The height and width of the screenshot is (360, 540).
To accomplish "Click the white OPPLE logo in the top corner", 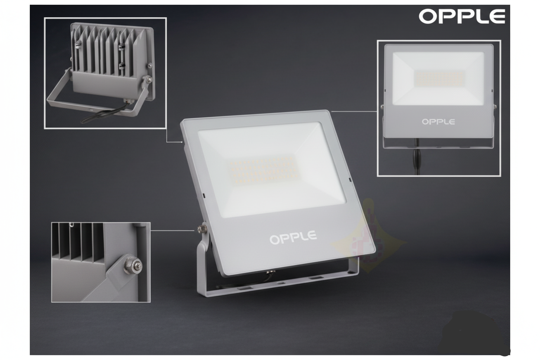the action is point(462,16).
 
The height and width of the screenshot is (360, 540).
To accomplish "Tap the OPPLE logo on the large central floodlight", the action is point(293,238).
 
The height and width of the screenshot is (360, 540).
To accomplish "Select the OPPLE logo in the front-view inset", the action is point(438,122).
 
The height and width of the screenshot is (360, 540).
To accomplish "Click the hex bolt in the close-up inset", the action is point(133,266).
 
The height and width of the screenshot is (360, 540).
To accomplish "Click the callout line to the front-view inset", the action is point(354,111).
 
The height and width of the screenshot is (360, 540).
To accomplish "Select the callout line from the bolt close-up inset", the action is point(172,231).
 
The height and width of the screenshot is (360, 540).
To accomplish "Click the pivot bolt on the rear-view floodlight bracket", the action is point(148,79).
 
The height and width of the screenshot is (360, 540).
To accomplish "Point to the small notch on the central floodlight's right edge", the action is point(350,180).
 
